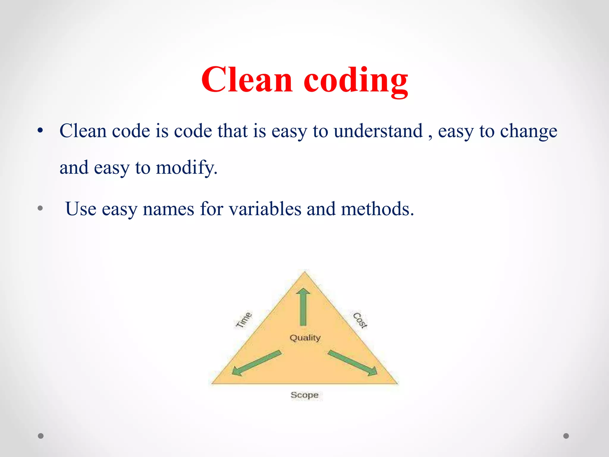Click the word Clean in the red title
pyautogui.click(x=247, y=80)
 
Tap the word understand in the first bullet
pyautogui.click(x=378, y=131)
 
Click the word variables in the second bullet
pyautogui.click(x=265, y=209)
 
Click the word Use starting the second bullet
pyautogui.click(x=81, y=209)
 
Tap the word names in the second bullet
pyautogui.click(x=168, y=209)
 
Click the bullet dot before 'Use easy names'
pyautogui.click(x=40, y=208)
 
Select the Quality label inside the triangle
pyautogui.click(x=305, y=338)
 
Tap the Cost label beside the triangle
pyautogui.click(x=360, y=320)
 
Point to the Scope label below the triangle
pyautogui.click(x=304, y=395)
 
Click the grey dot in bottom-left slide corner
pyautogui.click(x=41, y=436)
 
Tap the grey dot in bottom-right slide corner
pyautogui.click(x=566, y=436)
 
